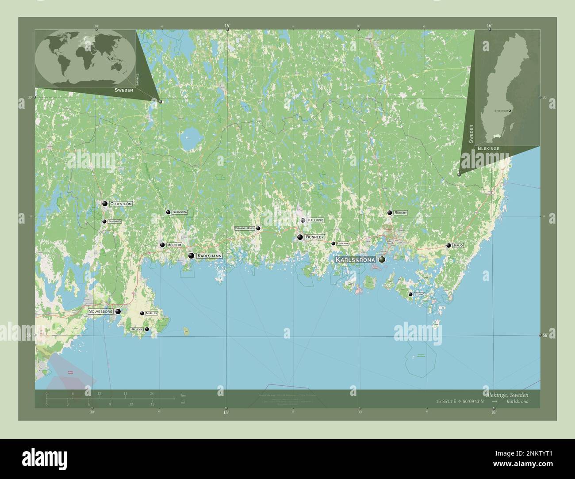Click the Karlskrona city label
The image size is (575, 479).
click(x=356, y=260)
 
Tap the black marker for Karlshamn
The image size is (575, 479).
click(x=192, y=255)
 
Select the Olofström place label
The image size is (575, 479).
click(x=121, y=204)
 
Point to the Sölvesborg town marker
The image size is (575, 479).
click(x=118, y=312)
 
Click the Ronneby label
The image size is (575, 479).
click(x=315, y=237)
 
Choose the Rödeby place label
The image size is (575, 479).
click(x=400, y=213)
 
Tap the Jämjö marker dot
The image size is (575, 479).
click(x=449, y=245)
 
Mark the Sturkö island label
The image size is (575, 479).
click(x=419, y=294)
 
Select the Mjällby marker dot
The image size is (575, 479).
click(x=142, y=313)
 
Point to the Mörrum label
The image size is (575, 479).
click(x=174, y=245)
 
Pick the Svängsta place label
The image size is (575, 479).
click(x=180, y=212)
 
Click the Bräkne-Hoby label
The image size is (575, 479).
click(x=245, y=228)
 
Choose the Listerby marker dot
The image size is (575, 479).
click(x=333, y=243)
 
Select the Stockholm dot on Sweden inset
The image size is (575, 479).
click(x=510, y=110)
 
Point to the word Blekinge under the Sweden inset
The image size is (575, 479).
click(x=488, y=149)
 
